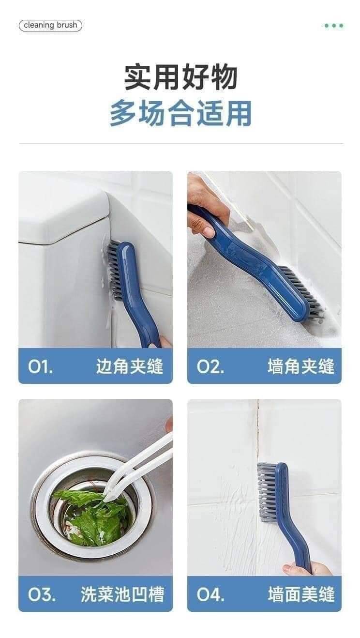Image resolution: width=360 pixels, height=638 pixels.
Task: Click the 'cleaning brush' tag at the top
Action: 50,25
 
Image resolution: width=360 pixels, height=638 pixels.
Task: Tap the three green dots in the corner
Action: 334,26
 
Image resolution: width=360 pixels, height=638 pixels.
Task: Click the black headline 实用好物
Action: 181,77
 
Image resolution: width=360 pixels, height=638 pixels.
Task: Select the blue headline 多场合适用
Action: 181,113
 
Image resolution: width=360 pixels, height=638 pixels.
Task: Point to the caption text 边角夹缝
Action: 130,366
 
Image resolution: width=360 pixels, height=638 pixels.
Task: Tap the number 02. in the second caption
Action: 210,366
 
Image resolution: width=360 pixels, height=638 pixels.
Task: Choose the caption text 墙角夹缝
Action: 301,366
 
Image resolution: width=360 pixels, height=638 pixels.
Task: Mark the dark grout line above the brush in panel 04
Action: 258,430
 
